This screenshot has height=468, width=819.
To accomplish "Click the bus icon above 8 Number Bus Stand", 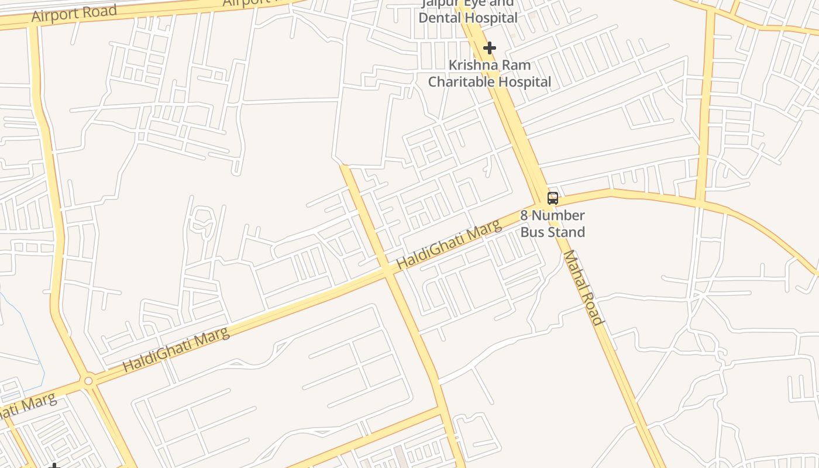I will (552, 198).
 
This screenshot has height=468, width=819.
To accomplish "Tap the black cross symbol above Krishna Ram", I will (490, 47).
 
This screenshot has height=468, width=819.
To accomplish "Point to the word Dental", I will (438, 18).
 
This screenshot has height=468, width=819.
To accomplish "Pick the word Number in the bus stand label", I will (558, 215).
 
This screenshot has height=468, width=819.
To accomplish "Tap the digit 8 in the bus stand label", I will (524, 215).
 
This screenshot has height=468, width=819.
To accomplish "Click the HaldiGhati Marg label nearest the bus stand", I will (449, 245).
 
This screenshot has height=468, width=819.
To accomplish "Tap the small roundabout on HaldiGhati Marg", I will (88, 381).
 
